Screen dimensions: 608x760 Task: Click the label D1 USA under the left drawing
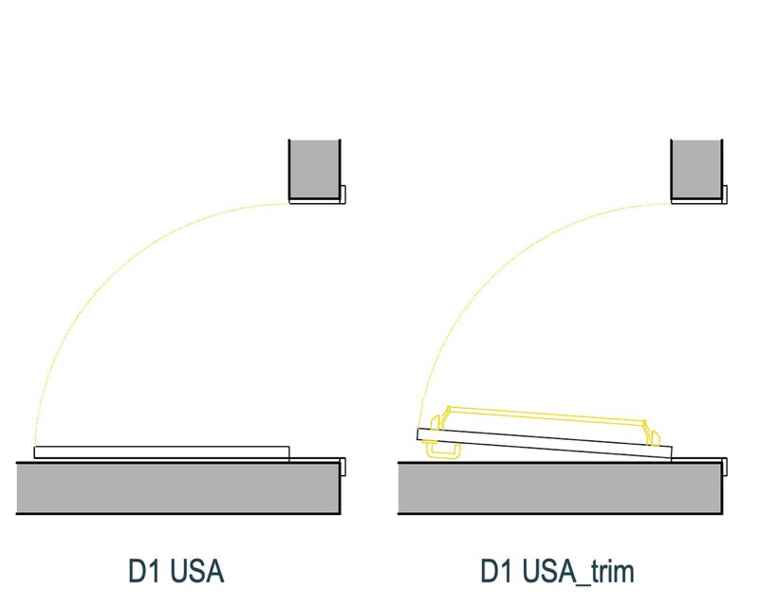pos(176,573)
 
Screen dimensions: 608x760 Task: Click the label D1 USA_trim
pos(556,573)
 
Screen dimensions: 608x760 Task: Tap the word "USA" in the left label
pos(198,573)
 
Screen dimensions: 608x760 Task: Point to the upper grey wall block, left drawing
pos(314,169)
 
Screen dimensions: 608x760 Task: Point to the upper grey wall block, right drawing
pos(696,169)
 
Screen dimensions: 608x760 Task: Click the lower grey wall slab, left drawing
pos(178,488)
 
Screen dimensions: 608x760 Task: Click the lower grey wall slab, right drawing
pos(560,488)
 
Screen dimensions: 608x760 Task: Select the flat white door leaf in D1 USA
pos(161,452)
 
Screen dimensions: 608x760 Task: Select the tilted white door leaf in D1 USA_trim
pos(545,441)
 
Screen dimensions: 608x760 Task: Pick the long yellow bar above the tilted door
pos(546,415)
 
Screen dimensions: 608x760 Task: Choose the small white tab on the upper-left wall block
pos(343,194)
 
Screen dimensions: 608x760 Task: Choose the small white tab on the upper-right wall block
pos(725,194)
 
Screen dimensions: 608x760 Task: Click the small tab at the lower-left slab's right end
pos(343,467)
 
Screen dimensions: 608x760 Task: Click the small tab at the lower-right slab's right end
pos(726,467)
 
